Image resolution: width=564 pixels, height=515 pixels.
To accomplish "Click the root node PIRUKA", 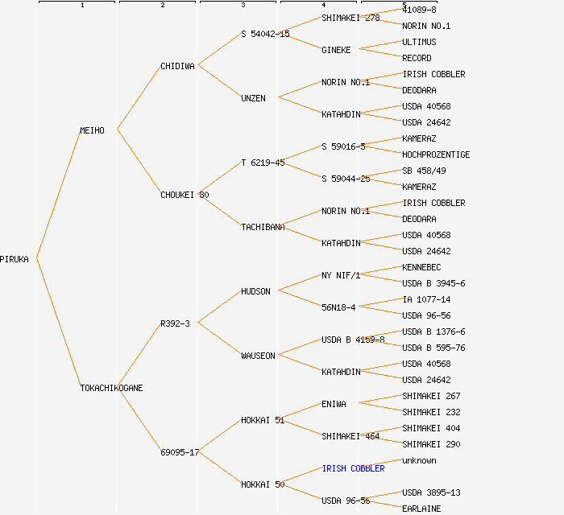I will click(x=15, y=259).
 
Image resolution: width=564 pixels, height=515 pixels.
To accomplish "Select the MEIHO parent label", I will click(x=92, y=130).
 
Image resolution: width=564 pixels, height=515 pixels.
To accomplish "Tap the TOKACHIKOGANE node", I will click(x=111, y=388).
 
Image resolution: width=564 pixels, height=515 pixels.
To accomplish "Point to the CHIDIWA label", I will click(x=177, y=66).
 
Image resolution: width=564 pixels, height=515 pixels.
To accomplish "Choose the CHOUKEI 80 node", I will click(x=185, y=195).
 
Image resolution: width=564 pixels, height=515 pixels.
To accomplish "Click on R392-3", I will click(x=175, y=323).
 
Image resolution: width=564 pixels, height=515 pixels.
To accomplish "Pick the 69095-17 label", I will click(x=180, y=452).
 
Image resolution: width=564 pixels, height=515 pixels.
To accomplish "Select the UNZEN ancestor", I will click(x=253, y=98).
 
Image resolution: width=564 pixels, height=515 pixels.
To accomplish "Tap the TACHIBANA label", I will click(x=263, y=227).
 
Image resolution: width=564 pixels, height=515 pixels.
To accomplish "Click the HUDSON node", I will click(x=255, y=291).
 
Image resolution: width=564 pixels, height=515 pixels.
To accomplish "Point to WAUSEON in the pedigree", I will click(x=258, y=356).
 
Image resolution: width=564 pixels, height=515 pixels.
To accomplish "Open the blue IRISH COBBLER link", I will click(x=353, y=468).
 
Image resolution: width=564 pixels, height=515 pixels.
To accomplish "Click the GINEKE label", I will click(x=336, y=50).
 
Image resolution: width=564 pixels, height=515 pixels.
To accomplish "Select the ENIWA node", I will click(x=334, y=404).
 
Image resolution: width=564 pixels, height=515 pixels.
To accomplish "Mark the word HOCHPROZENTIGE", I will click(x=436, y=154).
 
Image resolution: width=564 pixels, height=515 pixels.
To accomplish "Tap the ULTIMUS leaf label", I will click(x=419, y=42).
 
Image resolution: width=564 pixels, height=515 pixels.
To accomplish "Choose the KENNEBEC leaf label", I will click(x=421, y=267).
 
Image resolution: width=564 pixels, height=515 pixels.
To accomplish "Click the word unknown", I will click(x=419, y=460).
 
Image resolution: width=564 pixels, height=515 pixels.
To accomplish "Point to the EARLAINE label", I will click(x=421, y=509).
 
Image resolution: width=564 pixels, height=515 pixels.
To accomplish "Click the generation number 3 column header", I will click(x=243, y=5).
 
